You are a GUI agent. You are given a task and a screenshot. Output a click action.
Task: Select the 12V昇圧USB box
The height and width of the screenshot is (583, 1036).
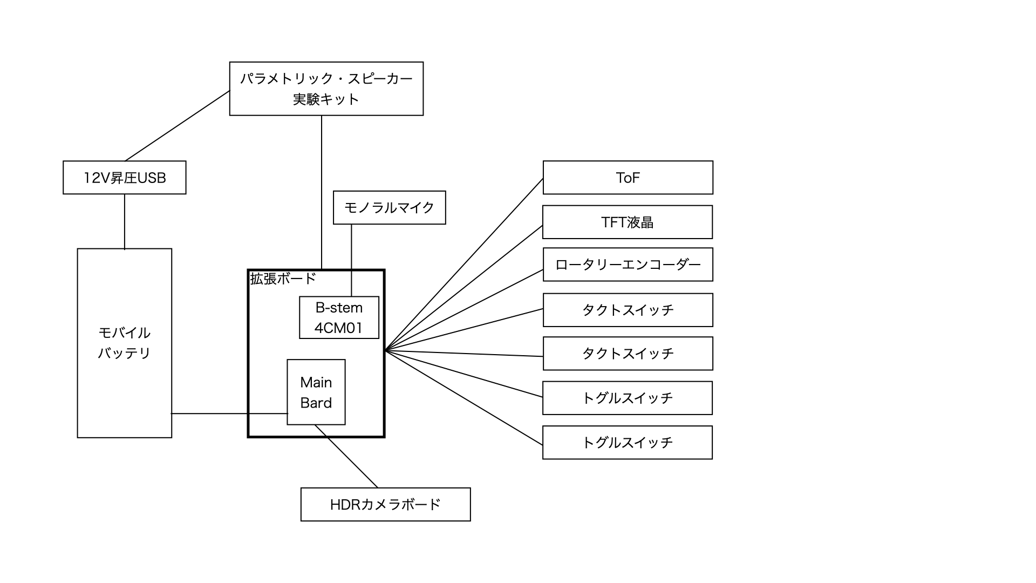[125, 178]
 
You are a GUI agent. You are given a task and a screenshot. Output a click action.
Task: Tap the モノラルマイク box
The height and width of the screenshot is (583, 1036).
[389, 207]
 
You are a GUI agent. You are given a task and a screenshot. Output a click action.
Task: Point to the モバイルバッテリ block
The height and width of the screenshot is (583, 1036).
[125, 343]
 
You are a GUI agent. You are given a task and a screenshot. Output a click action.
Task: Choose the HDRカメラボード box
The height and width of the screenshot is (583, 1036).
[385, 504]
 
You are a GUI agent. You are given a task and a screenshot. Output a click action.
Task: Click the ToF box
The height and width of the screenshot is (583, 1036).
[628, 178]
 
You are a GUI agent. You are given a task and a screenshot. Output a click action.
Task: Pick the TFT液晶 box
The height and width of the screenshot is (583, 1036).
[628, 222]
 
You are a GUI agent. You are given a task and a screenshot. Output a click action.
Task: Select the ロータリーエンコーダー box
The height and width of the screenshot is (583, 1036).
[628, 265]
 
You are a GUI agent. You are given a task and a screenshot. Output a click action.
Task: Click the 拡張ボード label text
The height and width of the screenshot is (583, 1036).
[283, 279]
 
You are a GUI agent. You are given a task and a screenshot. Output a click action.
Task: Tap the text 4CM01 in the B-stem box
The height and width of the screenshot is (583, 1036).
[339, 328]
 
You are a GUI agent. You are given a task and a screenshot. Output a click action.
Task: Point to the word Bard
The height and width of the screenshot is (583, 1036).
[316, 403]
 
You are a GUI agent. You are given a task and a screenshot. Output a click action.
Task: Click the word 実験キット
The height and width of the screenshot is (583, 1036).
[326, 99]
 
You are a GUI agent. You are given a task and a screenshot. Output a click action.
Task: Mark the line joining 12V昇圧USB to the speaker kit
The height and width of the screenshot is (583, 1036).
[178, 126]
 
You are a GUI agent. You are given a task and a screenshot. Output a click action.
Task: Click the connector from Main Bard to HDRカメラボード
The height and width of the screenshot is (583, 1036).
[346, 456]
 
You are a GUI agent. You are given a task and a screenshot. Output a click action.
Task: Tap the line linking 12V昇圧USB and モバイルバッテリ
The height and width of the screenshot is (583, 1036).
[125, 221]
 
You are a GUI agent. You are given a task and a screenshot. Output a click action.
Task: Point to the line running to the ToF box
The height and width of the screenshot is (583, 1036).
[464, 265]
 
